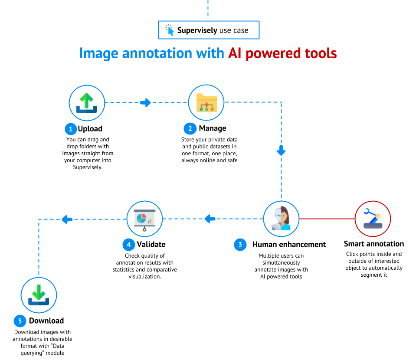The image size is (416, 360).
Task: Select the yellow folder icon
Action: coord(206,103)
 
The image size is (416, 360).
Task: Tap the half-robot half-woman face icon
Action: coord(281,219)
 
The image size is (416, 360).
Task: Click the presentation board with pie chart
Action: coord(144,218)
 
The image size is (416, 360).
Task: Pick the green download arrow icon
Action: coord(39,295)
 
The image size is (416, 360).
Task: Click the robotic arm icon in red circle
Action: coord(373,219)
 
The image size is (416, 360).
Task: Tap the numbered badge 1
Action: coord(71,129)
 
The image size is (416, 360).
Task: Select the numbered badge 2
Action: coord(190,129)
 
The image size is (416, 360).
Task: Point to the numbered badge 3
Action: coord(240,245)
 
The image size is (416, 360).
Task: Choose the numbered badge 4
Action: coord(128,245)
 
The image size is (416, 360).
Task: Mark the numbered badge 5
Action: coord(20,321)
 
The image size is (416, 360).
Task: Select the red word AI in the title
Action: coord(235,53)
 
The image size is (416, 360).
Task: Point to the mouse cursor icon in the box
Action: coord(170,30)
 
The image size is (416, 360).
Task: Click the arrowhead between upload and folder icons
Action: coord(146,103)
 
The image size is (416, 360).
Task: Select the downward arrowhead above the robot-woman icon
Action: coord(281,151)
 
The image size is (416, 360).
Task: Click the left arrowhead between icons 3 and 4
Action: coord(210,219)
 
